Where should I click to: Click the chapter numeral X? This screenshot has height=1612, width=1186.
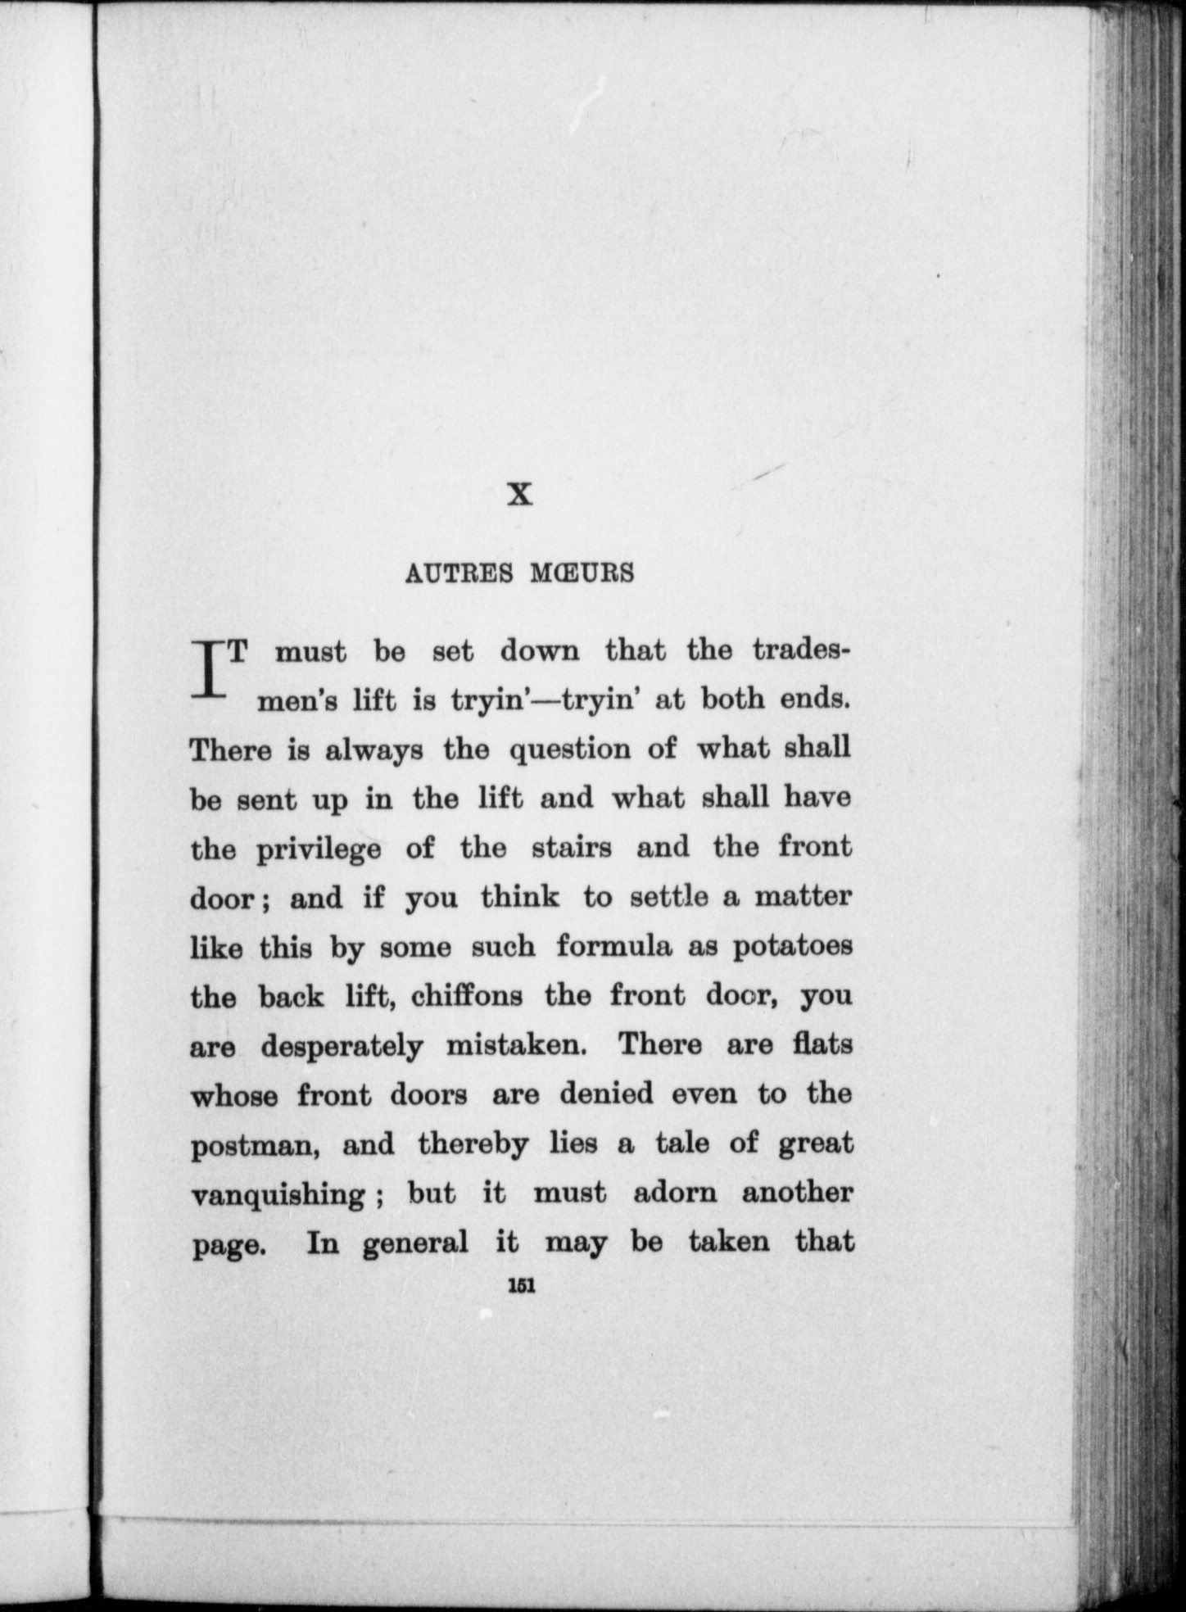[x=520, y=495]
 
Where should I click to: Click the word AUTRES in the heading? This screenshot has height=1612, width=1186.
[x=459, y=573]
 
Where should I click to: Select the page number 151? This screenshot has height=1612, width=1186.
[x=521, y=1287]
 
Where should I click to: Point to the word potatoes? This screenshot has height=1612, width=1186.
[x=792, y=947]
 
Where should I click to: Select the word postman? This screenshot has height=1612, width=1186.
[x=254, y=1145]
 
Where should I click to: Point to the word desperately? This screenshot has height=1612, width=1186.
[x=342, y=1047]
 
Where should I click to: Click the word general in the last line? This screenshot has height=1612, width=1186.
[x=415, y=1243]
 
